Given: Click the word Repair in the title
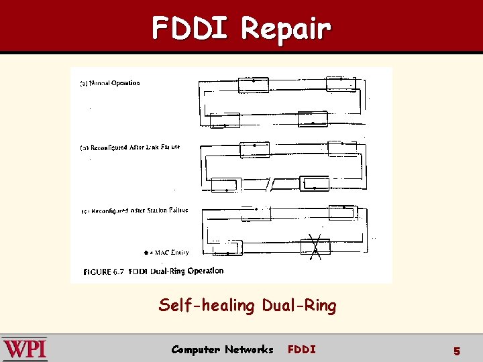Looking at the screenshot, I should click(285, 28).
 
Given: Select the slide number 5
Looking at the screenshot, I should click(457, 351).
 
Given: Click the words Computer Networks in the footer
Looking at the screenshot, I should click(222, 349).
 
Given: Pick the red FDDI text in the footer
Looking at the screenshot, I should click(301, 349).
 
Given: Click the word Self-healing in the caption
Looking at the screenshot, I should click(206, 306).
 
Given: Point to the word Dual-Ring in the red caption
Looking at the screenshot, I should click(299, 306).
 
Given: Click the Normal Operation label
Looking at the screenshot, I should click(111, 83).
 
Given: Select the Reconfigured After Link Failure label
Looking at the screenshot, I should click(131, 147).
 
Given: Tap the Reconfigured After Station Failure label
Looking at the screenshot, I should click(135, 210).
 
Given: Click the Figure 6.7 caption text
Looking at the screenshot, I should click(154, 271).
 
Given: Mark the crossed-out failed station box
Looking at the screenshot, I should click(315, 247).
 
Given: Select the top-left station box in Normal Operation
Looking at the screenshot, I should click(253, 85).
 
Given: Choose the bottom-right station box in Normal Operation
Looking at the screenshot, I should click(312, 119).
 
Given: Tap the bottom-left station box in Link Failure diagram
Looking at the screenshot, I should click(226, 184).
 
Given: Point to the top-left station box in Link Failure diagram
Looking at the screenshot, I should click(254, 149).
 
